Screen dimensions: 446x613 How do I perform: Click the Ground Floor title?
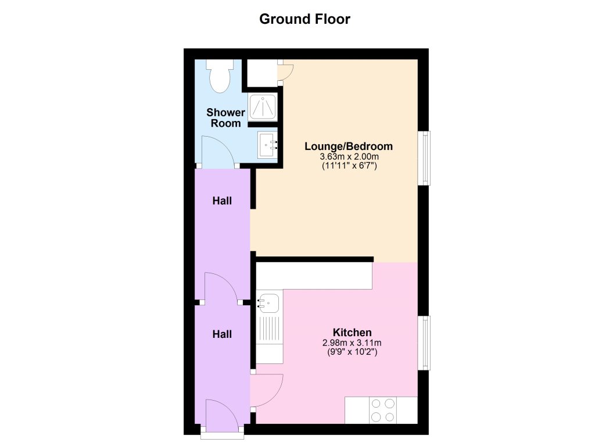pos(304,19)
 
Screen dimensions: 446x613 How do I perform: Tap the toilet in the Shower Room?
pos(220,78)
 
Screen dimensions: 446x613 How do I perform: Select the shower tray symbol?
pos(263,108)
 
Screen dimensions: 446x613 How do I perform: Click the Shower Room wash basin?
pos(267,144)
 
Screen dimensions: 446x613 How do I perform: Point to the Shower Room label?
pos(225,117)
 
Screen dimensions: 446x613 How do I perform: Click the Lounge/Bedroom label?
pos(349,146)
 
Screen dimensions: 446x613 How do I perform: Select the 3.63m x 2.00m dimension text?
pos(349,156)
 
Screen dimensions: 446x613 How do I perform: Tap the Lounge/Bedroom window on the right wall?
pos(426,158)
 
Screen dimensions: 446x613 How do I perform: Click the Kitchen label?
pos(348,333)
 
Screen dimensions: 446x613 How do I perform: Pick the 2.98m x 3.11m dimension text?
pos(348,342)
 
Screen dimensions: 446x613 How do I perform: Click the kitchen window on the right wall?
pos(426,342)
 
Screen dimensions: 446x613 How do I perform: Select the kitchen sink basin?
pos(268,302)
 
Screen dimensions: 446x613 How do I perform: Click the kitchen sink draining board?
pos(269,330)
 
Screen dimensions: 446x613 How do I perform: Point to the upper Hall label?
pos(222,201)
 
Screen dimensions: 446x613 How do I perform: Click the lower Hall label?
pos(222,334)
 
